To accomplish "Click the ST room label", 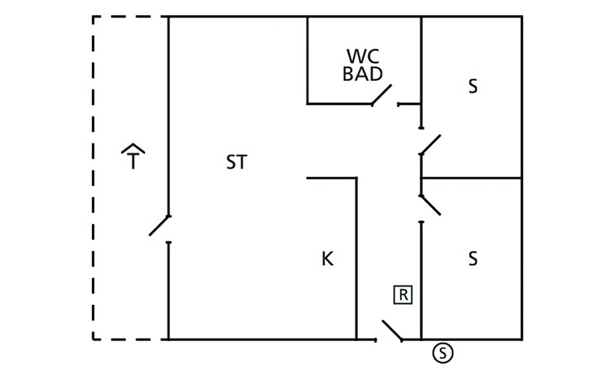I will point(237,163).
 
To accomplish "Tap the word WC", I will point(362,56).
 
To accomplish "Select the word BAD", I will point(362,73).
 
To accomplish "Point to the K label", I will point(328,259).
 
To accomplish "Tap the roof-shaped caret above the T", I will point(133,148).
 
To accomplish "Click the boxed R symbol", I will point(403,295).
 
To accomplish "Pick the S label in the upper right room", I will point(473,87).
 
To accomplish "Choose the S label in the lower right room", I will point(473,259).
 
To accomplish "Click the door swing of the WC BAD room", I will point(382,95).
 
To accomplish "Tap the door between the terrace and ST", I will point(160,225).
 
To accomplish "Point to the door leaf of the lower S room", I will point(430,205).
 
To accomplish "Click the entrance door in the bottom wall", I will point(392,330).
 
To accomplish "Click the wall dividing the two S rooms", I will point(471,178).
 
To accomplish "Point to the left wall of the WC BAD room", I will point(307,59).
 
